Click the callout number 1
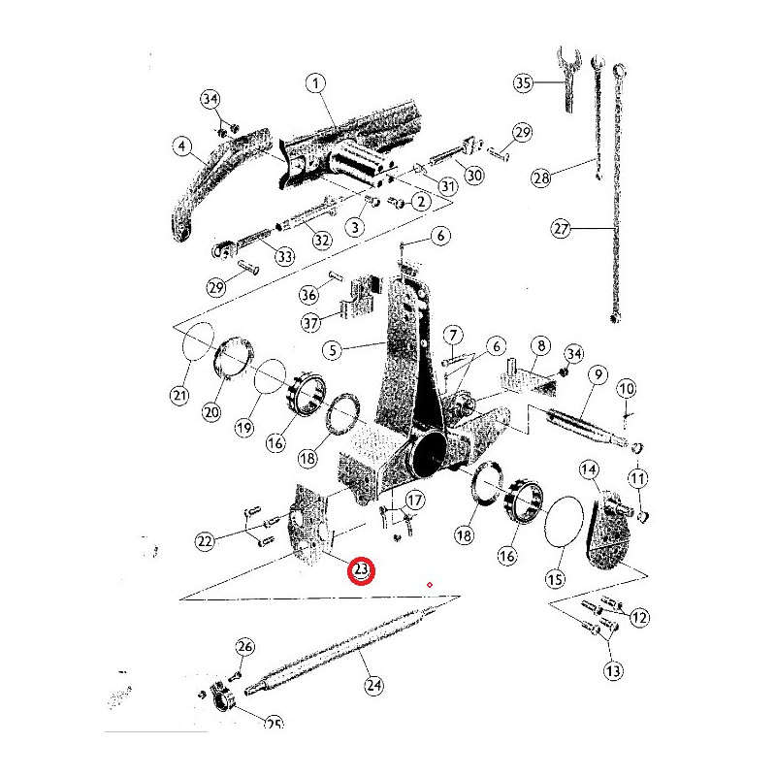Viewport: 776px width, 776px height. (316, 83)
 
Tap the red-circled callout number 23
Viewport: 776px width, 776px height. (361, 570)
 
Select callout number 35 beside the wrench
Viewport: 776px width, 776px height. (523, 82)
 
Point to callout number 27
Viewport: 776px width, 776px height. (562, 229)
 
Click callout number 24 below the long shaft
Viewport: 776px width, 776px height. (373, 686)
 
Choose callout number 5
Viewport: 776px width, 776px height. (333, 350)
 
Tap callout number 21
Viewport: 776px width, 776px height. (179, 395)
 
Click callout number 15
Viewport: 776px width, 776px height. (555, 578)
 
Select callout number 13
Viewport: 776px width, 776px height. (613, 671)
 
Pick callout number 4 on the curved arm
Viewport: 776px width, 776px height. (182, 146)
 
